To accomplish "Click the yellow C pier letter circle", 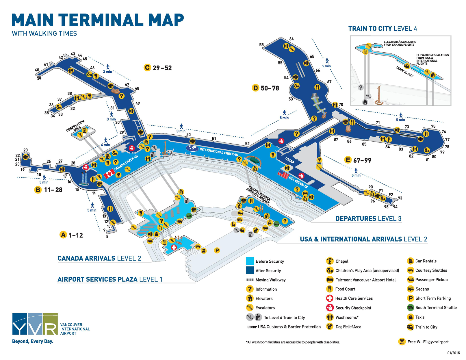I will click(147, 68).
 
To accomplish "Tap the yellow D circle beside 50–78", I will click(255, 88).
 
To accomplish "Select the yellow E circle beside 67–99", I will click(348, 160).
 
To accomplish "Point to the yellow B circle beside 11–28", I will click(38, 190).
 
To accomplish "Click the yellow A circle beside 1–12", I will click(63, 235).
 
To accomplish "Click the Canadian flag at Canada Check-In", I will click(109, 174).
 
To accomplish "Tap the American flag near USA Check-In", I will click(283, 175).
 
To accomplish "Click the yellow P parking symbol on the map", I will click(217, 250).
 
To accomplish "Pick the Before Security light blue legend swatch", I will click(250, 261).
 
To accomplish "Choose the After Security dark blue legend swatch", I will click(250, 270).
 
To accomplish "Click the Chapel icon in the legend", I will click(330, 261).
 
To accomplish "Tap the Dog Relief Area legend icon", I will click(330, 326).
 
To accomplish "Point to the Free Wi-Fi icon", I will click(402, 342).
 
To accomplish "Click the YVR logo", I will click(35, 324).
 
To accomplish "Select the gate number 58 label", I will click(261, 45).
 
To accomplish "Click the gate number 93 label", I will click(400, 198).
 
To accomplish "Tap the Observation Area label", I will click(75, 126).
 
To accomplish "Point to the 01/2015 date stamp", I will click(454, 353).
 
